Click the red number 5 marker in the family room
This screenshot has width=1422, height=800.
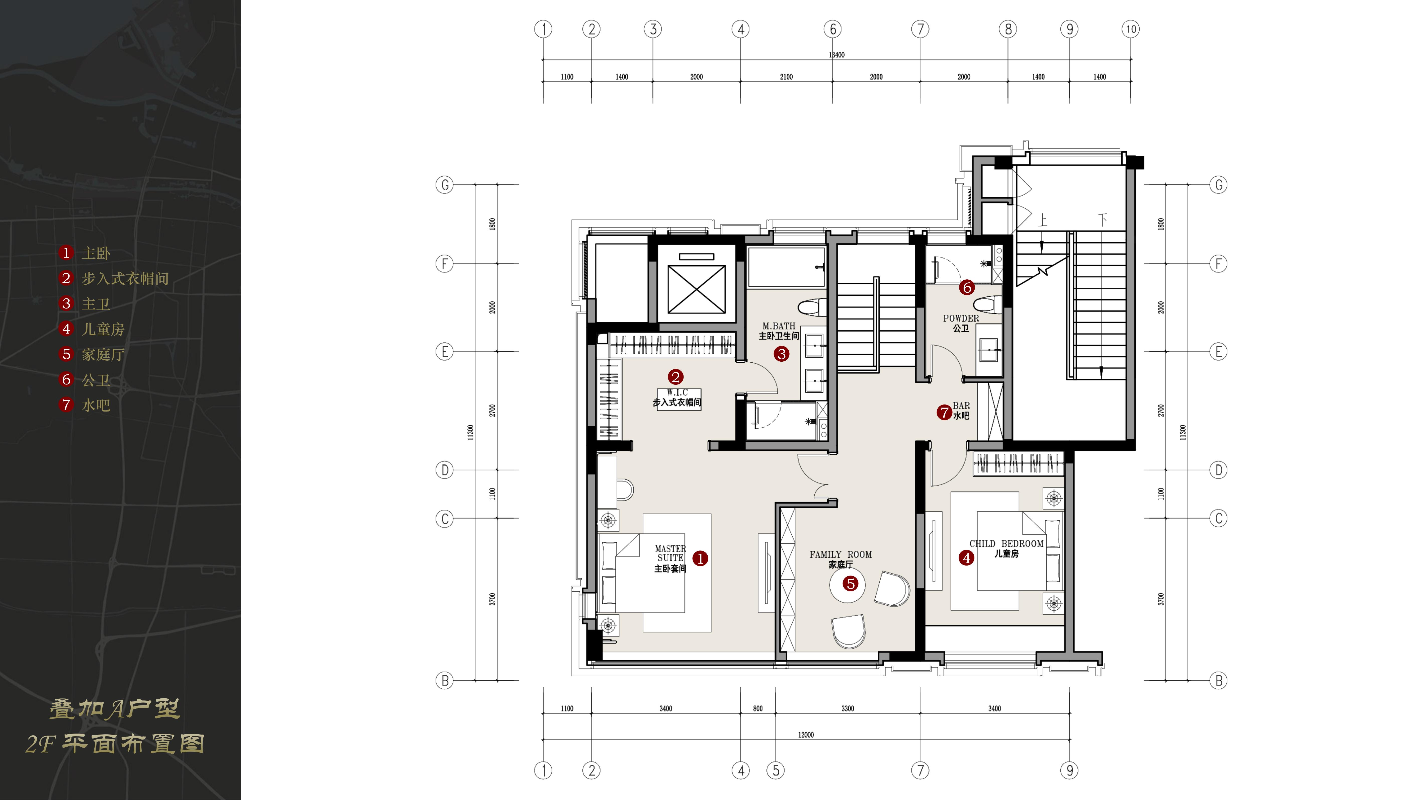point(850,584)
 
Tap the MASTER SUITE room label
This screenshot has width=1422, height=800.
point(670,553)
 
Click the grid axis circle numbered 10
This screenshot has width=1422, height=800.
point(1131,29)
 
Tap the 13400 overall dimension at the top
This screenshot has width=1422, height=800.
point(836,55)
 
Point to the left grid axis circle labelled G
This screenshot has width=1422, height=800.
point(444,185)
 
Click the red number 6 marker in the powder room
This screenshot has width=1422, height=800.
point(967,287)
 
